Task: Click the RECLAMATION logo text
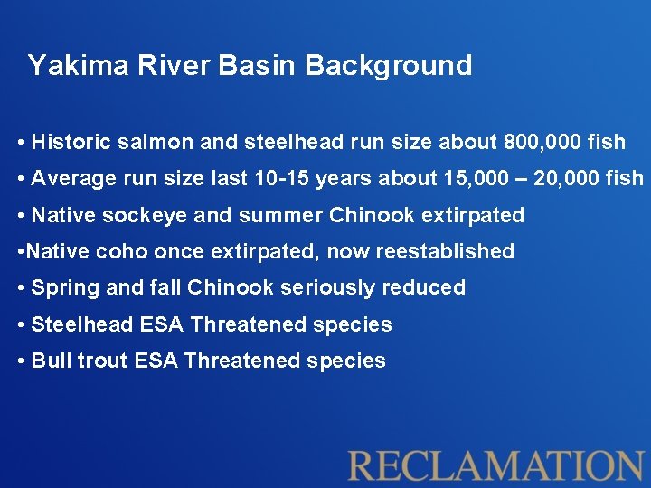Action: (x=496, y=465)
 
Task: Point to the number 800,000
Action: (x=533, y=142)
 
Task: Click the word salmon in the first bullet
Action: (x=149, y=142)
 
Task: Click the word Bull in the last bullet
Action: (x=51, y=361)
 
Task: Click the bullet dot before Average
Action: (x=20, y=179)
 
